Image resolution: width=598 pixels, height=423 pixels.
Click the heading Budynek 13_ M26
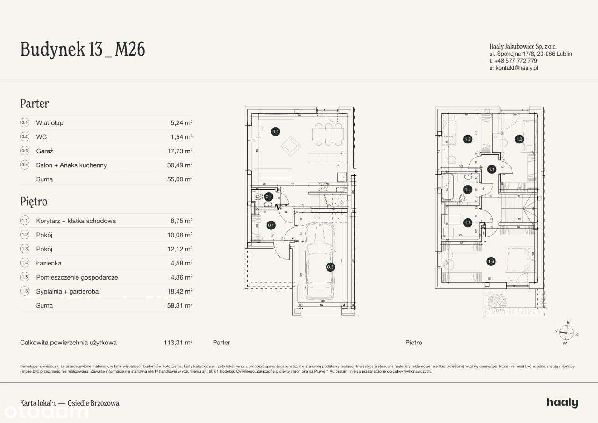point(82,49)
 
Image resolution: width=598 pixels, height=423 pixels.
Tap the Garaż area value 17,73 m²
point(182,151)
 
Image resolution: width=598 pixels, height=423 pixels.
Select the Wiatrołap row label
point(50,123)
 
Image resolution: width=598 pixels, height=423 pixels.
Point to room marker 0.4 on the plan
point(276,132)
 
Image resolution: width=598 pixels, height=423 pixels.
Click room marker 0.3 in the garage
point(330,267)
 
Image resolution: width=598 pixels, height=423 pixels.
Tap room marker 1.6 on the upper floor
point(491,262)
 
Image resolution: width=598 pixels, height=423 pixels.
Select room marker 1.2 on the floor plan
point(468,139)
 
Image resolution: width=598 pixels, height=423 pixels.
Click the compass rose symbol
point(566,332)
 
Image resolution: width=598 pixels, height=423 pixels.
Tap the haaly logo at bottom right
point(562,403)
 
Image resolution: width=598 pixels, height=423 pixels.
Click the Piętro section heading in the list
point(34,201)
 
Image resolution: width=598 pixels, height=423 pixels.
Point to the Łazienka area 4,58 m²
point(182,263)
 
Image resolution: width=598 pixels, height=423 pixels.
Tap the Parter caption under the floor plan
point(221,343)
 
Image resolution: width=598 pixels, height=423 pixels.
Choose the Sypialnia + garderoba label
point(67,291)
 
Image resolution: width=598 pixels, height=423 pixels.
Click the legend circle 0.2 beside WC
point(25,137)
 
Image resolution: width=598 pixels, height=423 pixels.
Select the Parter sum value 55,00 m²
point(182,179)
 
